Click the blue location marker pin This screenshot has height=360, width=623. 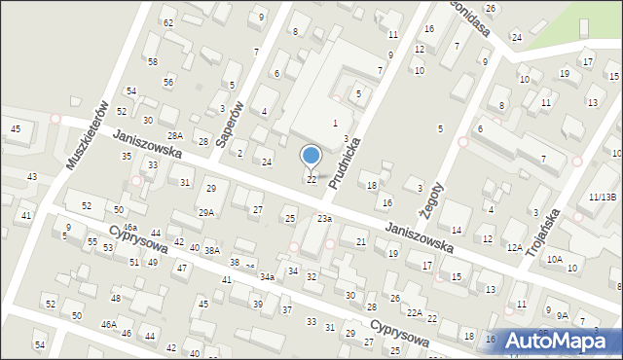(311, 157)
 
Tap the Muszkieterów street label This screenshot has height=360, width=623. (85, 133)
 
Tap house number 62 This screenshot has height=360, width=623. (168, 22)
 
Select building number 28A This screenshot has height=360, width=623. (175, 136)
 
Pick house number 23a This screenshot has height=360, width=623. (324, 219)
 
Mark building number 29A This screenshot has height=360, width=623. (206, 212)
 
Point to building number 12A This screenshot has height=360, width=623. (515, 248)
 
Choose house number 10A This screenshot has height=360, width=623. (554, 259)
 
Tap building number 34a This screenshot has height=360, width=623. (266, 277)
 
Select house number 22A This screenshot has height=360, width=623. (415, 312)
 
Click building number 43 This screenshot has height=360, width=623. (32, 176)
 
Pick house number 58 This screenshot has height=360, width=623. (153, 61)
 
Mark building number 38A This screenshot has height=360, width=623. (211, 251)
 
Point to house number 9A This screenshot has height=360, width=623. (563, 315)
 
